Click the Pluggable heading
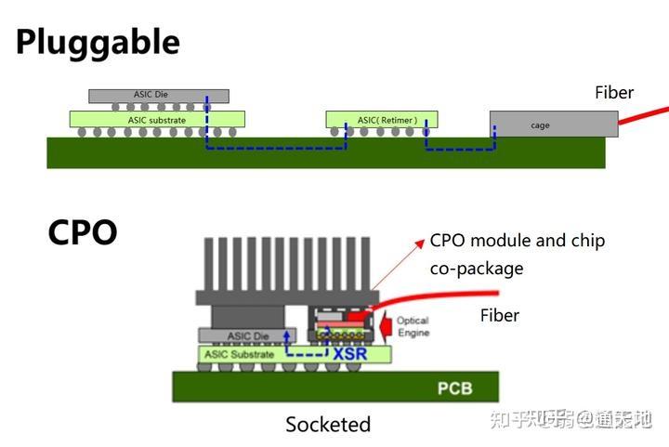98,42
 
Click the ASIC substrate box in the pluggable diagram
157,120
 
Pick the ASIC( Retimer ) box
382,120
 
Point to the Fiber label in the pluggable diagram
614,93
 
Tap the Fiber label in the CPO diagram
499,316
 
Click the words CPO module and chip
517,241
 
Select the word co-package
476,269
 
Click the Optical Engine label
413,327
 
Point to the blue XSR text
349,353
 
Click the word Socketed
328,425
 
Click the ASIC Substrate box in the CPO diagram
240,354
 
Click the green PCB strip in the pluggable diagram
325,154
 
